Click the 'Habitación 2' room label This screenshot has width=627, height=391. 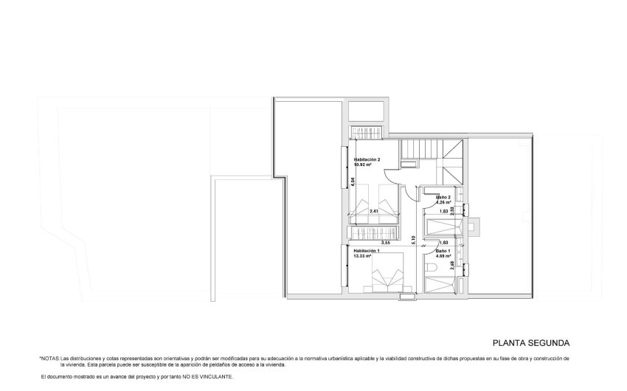click(367, 159)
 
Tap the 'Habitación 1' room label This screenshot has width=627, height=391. click(367, 251)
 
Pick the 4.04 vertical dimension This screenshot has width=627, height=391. click(353, 181)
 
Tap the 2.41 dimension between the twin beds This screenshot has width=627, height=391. click(374, 212)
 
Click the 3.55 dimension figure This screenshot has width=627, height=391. click(385, 242)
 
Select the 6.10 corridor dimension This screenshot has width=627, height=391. click(414, 238)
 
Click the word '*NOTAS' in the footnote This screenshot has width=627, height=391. click(49, 358)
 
